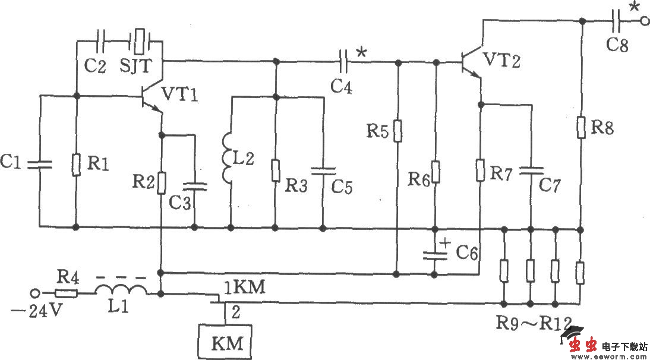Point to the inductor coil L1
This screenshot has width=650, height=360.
click(x=122, y=291)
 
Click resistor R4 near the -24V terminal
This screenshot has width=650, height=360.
click(x=66, y=293)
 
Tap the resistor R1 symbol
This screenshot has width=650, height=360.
click(x=77, y=165)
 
